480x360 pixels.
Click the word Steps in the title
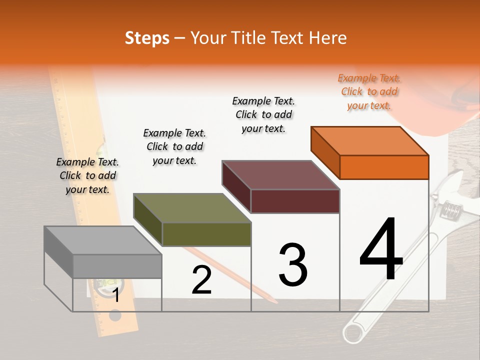[x=147, y=38]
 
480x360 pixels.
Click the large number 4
[x=381, y=249]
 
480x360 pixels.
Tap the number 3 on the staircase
[x=292, y=265]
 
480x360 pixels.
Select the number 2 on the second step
[x=201, y=280]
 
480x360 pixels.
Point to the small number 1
[x=115, y=295]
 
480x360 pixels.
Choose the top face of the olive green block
[x=192, y=208]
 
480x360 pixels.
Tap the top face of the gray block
[x=103, y=240]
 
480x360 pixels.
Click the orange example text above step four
[x=369, y=91]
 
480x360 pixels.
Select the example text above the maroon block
[x=263, y=114]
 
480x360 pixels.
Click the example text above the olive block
[x=174, y=146]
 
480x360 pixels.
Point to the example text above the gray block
[x=87, y=175]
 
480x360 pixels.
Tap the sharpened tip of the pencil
[x=275, y=302]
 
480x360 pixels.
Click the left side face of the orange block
[x=325, y=152]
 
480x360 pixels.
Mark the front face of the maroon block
[x=295, y=201]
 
